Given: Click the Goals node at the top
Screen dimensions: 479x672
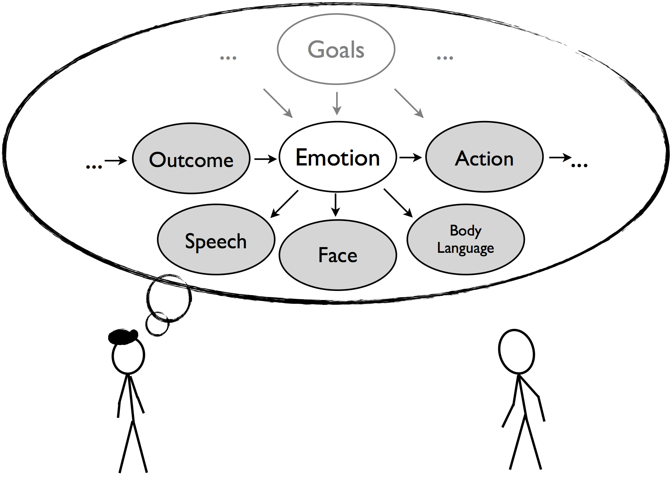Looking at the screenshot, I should click(336, 49).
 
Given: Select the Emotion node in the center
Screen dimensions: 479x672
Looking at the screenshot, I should click(337, 157).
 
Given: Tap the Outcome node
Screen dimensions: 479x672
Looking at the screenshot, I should click(191, 159).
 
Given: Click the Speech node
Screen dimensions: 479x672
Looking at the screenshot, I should click(216, 240).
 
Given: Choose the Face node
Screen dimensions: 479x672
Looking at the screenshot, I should click(337, 255).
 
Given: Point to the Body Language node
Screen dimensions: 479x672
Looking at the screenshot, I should click(465, 239).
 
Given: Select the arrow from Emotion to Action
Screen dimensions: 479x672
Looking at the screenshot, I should click(410, 157).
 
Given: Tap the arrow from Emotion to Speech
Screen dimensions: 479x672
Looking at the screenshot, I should click(284, 204).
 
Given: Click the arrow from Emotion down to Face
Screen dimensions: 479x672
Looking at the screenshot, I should click(336, 204).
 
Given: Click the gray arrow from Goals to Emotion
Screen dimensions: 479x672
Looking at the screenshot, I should click(337, 103).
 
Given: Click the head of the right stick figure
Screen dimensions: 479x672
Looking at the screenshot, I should click(517, 351).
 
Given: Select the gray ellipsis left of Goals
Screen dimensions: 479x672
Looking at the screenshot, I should click(228, 58).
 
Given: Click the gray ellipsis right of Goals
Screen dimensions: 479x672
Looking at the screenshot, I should click(445, 58).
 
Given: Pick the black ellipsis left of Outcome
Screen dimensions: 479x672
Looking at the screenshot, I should click(94, 166).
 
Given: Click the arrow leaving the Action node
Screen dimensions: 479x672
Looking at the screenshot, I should click(560, 158).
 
